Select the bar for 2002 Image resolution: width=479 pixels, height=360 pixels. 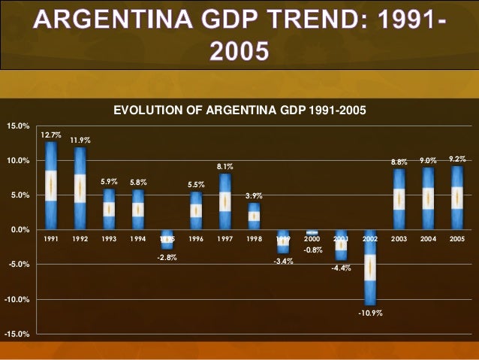tap(370, 267)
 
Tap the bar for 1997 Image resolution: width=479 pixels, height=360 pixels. tap(225, 201)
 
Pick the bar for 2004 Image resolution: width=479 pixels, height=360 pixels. tap(427, 198)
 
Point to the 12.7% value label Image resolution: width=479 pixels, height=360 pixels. tap(51, 135)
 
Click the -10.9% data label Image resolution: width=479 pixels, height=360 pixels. tap(370, 313)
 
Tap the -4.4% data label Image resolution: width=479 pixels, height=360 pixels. tap(341, 268)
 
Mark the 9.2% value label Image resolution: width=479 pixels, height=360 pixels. tap(456, 159)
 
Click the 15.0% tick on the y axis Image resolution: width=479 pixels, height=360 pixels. tap(18, 126)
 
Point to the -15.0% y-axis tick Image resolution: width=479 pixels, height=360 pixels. tap(17, 334)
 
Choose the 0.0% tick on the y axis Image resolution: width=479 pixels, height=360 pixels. tap(20, 230)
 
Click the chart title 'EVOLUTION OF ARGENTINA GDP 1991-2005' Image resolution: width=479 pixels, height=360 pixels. tap(239, 110)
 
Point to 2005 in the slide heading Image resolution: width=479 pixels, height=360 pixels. tap(239, 51)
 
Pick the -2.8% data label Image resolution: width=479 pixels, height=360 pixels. tap(167, 257)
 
